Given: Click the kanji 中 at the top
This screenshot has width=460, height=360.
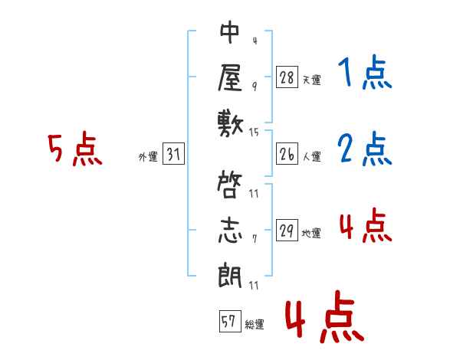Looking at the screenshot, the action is [x=230, y=32].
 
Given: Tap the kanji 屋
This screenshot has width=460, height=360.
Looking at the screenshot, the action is [x=231, y=77].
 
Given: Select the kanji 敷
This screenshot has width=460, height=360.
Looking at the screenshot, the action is [x=231, y=124].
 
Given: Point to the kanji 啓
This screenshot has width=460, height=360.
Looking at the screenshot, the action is [x=230, y=185].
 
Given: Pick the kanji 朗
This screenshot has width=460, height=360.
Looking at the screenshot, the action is [x=230, y=276].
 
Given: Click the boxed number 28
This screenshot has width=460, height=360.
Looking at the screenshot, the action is [x=287, y=77].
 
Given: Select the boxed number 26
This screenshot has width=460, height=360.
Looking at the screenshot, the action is [x=287, y=154].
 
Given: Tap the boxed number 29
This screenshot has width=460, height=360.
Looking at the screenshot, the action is [x=287, y=230].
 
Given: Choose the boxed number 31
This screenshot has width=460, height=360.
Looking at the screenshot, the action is [x=173, y=153].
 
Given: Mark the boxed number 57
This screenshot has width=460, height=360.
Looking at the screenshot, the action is [x=230, y=321].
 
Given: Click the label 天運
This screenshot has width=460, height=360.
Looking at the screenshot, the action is [x=312, y=80].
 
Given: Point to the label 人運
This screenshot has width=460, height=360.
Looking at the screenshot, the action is [x=312, y=156].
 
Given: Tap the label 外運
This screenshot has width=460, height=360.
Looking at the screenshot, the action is [x=148, y=156].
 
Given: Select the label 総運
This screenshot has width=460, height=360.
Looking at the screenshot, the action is [x=255, y=324].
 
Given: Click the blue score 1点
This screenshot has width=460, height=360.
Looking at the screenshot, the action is [x=365, y=72].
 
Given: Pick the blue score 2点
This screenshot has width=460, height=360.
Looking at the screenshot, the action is [x=365, y=149].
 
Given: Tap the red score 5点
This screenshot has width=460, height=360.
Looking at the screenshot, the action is [x=75, y=149].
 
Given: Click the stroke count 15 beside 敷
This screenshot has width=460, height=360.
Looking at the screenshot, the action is [x=254, y=133].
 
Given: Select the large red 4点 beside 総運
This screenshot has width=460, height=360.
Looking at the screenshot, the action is [x=325, y=316].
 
